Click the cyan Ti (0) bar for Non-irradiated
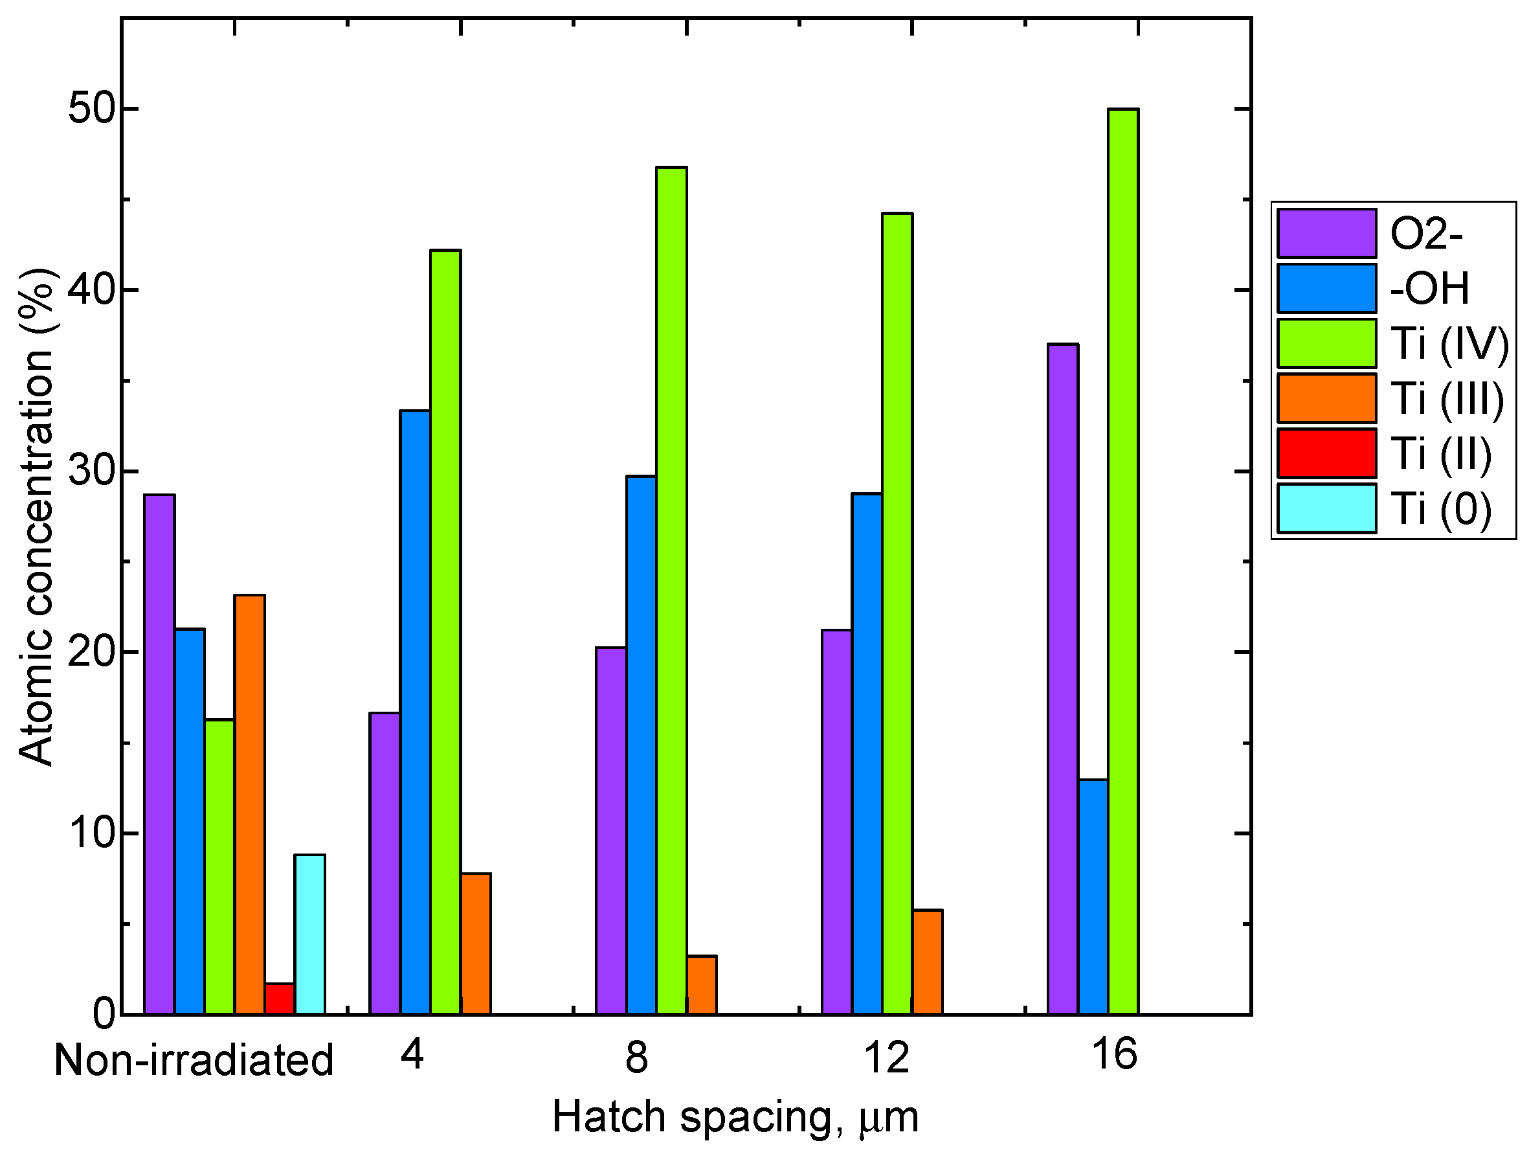pos(309,933)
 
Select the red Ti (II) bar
pos(279,998)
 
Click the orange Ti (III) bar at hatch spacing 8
pos(701,984)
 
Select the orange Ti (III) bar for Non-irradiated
pos(249,804)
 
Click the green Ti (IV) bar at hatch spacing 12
pos(897,613)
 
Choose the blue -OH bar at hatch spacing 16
pos(1093,896)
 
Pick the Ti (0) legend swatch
pos(1326,508)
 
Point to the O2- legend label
pos(1426,233)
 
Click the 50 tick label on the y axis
pos(91,109)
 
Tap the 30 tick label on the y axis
pos(91,471)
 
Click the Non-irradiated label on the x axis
pos(194,1061)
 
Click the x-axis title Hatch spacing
pos(735,1117)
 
